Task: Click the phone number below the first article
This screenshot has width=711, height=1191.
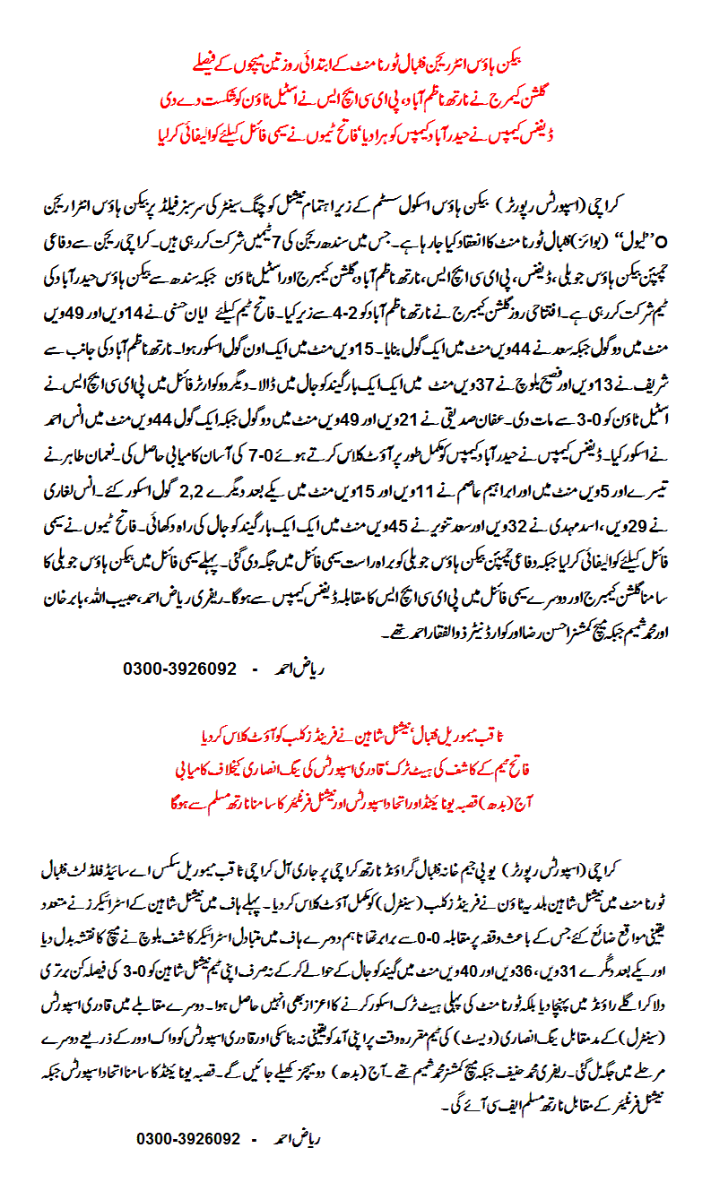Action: (x=178, y=669)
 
